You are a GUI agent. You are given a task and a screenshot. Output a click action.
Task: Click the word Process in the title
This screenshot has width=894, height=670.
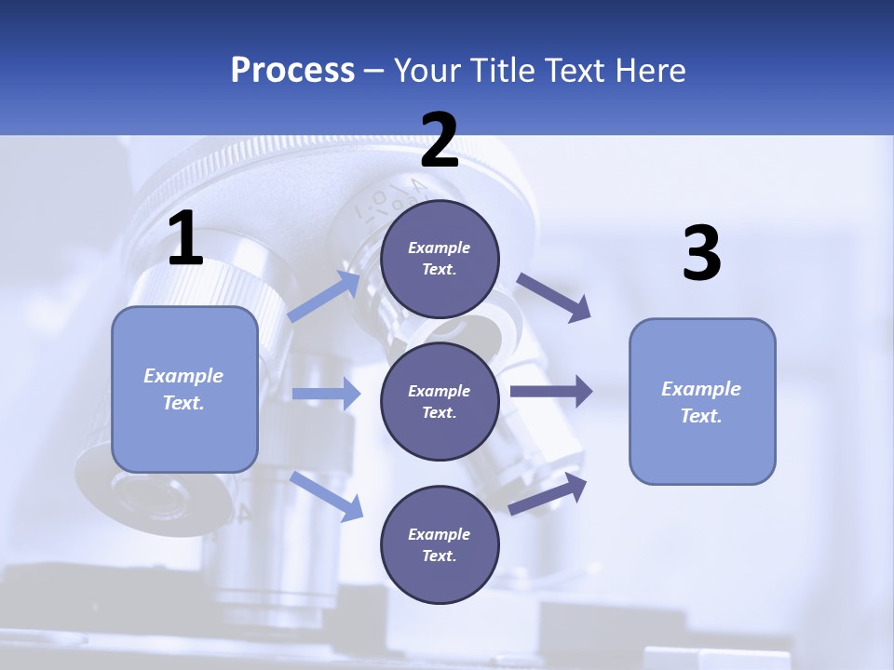(292, 71)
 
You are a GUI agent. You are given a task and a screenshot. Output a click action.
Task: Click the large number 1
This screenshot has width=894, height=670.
(185, 239)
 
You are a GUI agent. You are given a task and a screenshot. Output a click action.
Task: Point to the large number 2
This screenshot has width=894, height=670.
(440, 141)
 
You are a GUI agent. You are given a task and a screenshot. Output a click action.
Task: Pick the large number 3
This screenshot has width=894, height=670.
(701, 254)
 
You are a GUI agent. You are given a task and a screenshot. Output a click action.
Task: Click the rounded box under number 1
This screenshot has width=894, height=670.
(184, 389)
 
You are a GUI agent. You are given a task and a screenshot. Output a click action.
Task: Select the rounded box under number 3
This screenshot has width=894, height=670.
(702, 402)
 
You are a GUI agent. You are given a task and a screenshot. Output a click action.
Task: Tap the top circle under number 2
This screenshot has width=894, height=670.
(440, 259)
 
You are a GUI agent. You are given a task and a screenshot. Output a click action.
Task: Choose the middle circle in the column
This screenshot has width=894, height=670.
(440, 401)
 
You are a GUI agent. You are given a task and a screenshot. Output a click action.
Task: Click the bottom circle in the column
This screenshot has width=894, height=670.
(440, 544)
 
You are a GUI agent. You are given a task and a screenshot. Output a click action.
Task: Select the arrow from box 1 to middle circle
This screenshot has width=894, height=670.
(326, 394)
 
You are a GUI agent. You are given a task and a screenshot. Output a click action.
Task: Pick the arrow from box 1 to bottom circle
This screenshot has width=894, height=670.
(327, 495)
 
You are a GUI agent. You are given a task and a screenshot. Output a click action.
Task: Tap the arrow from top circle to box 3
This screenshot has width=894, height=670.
(553, 297)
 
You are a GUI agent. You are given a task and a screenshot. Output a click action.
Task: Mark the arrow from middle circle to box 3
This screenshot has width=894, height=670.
(550, 391)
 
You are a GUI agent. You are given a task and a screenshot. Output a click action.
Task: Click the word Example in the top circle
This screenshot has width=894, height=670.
(440, 248)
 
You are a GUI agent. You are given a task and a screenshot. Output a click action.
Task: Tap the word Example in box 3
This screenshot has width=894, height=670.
(701, 389)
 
